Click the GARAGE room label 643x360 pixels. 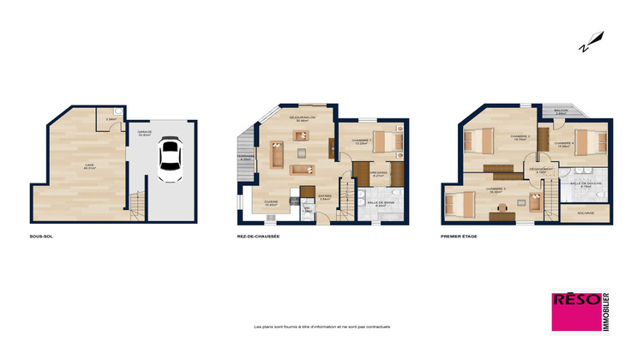coord(144,132)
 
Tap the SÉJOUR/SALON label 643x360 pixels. coord(302,117)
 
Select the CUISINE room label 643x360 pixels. coord(270,202)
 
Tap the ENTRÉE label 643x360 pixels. coord(325,195)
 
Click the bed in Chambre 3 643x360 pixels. coord(459,202)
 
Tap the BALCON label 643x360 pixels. coord(562,111)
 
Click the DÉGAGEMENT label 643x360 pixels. coord(541,170)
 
